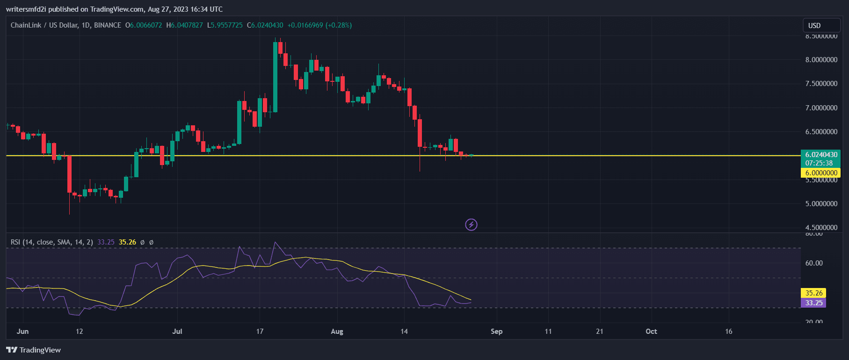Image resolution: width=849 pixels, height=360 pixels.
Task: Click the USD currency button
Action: coord(814,26)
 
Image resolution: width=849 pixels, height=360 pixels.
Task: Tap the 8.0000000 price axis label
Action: coord(821,60)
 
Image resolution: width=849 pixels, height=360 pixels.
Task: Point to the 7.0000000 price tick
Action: coord(821,108)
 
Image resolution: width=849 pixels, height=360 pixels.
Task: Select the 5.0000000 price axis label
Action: coord(821,204)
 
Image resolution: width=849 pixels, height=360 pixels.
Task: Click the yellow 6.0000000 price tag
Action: coord(821,173)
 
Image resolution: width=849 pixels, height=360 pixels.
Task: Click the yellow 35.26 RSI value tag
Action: coord(813,293)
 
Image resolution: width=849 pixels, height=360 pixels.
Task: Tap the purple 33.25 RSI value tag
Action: coord(813,303)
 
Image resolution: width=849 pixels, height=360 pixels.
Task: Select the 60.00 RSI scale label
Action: coord(813,263)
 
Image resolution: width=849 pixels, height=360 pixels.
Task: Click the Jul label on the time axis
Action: coord(177,331)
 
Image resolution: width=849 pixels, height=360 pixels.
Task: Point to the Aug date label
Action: coord(337,331)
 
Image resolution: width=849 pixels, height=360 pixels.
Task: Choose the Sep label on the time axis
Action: coord(496,331)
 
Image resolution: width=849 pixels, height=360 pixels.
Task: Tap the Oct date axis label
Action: coord(651,331)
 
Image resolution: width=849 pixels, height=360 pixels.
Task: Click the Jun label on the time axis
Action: coord(22,331)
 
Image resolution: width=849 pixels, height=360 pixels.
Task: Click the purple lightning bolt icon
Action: coord(471,225)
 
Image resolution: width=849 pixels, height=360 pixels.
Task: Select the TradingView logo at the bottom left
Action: coord(34,350)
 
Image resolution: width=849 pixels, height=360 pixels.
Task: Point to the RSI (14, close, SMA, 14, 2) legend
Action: coord(51,242)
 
